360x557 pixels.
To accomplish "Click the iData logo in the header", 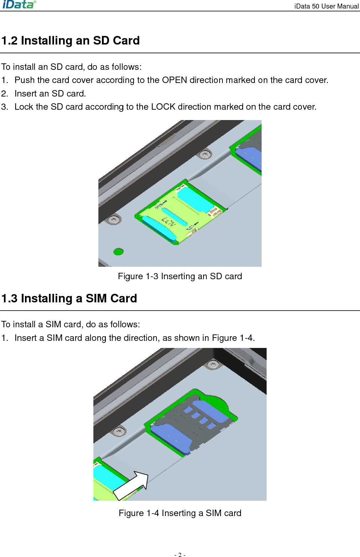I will (x=19, y=5).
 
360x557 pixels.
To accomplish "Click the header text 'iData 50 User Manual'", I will (x=326, y=6).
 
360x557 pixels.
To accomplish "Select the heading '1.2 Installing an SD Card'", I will (x=70, y=41).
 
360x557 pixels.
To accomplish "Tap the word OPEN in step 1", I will (x=174, y=80).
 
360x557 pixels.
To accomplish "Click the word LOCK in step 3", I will (x=163, y=107).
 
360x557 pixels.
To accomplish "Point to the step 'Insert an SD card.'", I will (x=50, y=94).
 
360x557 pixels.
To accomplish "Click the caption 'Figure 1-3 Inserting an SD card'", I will (x=180, y=276).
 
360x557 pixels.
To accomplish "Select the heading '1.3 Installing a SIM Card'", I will (x=69, y=298).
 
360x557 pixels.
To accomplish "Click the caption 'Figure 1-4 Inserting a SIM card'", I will (x=180, y=513).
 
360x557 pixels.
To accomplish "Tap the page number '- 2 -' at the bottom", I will (x=180, y=555).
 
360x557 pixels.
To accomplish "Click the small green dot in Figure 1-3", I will (x=118, y=252).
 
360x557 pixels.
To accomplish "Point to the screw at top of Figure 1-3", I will (x=205, y=154).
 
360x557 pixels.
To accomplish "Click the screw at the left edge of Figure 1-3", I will (x=114, y=219).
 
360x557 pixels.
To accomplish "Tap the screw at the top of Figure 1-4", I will (x=213, y=364).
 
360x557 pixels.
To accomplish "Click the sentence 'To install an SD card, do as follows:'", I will (x=71, y=67).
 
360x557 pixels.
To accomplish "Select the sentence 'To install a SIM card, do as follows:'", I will (x=71, y=324).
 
